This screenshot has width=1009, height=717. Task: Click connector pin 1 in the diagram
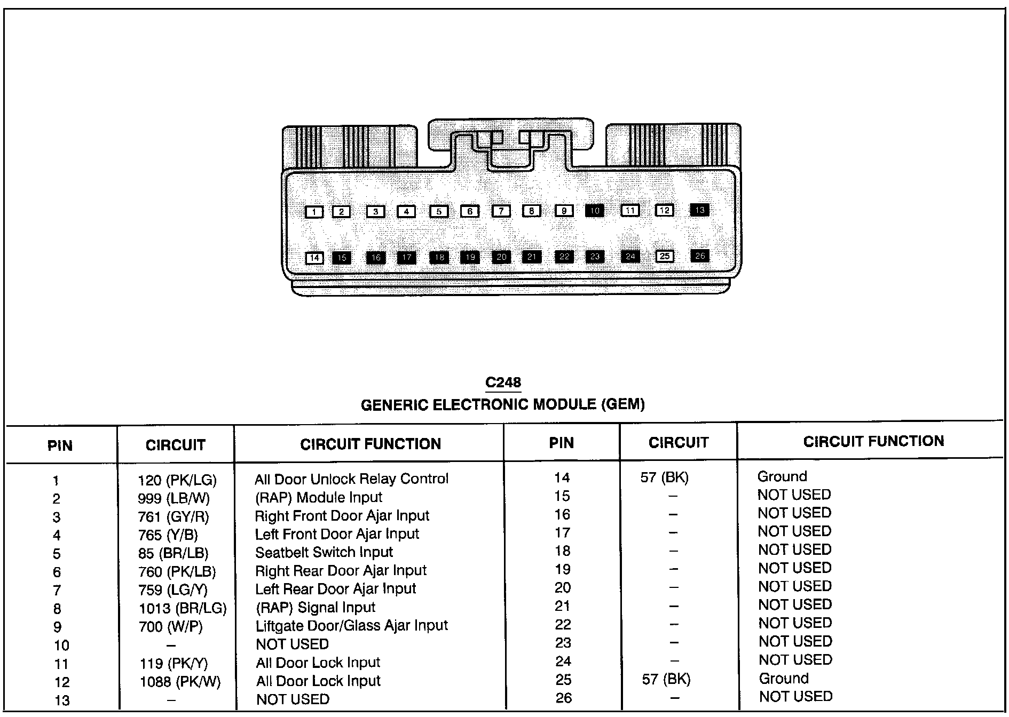click(314, 212)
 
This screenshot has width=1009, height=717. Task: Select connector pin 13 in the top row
click(699, 210)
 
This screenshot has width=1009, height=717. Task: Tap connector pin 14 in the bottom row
click(314, 258)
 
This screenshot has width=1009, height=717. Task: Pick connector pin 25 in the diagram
click(664, 256)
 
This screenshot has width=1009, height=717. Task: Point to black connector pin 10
click(595, 211)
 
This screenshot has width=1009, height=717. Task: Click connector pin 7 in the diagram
click(501, 211)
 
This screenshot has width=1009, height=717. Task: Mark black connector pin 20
click(501, 257)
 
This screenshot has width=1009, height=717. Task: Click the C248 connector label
click(503, 383)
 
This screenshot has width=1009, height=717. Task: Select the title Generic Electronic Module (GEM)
click(503, 404)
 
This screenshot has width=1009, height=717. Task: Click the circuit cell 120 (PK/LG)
click(177, 480)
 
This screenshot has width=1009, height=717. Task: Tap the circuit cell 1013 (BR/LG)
click(183, 608)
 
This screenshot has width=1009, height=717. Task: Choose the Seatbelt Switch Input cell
click(324, 552)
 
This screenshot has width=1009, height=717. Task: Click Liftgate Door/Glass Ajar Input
click(351, 625)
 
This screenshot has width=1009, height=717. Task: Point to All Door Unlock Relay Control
click(351, 479)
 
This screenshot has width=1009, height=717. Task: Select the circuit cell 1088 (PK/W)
click(180, 681)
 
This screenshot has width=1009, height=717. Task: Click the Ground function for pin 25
click(784, 679)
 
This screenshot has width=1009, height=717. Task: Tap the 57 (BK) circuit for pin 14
click(665, 477)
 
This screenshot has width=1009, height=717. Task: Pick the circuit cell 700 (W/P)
click(171, 626)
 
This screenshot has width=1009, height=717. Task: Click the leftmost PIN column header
click(60, 445)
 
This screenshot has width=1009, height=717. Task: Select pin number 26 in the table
click(563, 698)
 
